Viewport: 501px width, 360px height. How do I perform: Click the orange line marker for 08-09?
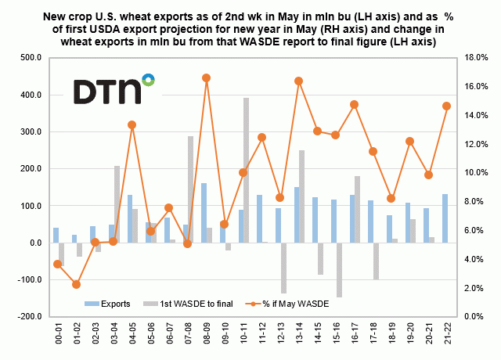click(206, 77)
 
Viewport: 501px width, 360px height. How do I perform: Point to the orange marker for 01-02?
click(75, 284)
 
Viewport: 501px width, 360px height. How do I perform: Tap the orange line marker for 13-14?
click(299, 81)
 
